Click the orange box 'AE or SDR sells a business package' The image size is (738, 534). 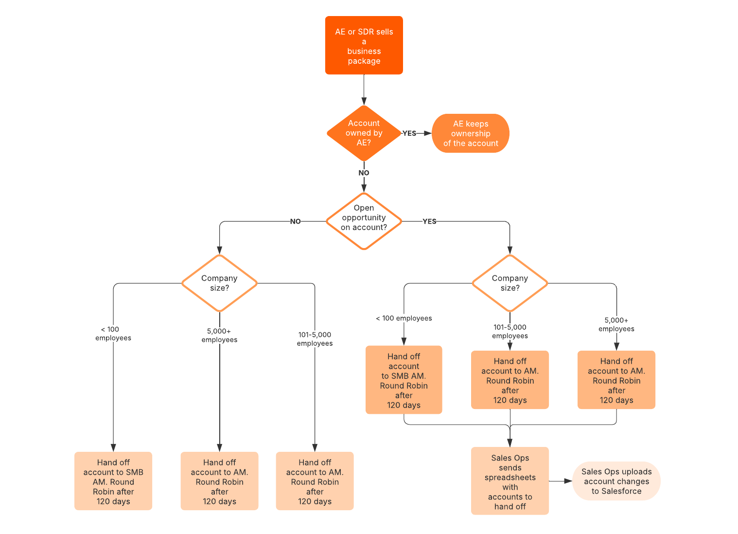(364, 45)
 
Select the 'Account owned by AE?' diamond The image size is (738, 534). (364, 133)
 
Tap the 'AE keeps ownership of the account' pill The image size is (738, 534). (470, 133)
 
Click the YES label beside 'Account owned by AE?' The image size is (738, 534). (409, 133)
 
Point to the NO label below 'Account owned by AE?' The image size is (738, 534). (364, 173)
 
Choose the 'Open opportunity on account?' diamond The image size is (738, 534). (364, 221)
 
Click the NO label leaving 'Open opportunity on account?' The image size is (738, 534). (295, 221)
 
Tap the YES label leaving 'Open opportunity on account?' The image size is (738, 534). (429, 221)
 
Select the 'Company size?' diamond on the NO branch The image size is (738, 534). (219, 283)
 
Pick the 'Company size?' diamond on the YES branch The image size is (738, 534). (510, 283)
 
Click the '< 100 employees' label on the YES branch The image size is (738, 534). (404, 318)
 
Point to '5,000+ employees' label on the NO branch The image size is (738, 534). (219, 336)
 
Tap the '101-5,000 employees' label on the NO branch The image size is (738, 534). (315, 339)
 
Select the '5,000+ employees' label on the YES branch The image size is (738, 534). (616, 324)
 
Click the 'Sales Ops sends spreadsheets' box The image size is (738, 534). (510, 481)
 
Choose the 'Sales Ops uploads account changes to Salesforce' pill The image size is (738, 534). (616, 481)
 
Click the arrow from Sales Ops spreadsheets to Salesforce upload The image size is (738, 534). (561, 481)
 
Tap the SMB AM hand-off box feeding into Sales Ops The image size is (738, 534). (404, 380)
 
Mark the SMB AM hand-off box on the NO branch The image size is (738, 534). (113, 481)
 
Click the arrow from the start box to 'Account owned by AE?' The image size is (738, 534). (364, 89)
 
